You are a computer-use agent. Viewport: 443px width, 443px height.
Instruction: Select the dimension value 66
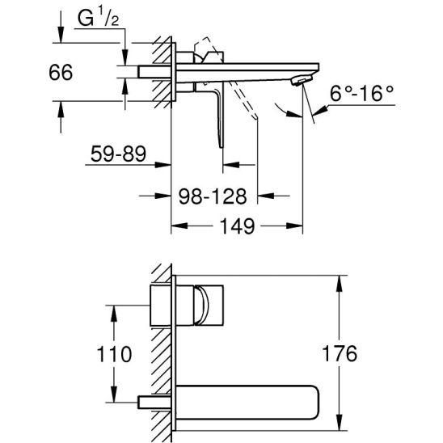[x=61, y=72]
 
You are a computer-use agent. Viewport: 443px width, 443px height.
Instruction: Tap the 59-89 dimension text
[x=118, y=154]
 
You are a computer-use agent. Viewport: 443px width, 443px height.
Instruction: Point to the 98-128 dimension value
[x=213, y=196]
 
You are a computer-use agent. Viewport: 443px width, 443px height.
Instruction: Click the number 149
[x=237, y=226]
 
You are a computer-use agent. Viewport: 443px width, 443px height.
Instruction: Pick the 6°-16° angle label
[x=361, y=94]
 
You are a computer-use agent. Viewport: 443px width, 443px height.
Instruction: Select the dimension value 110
[x=114, y=354]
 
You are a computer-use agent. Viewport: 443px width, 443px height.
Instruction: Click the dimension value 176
[x=340, y=353]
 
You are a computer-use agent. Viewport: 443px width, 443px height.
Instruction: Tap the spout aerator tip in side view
[x=302, y=81]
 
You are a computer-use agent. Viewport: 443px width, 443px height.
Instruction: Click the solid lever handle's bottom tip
[x=221, y=146]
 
